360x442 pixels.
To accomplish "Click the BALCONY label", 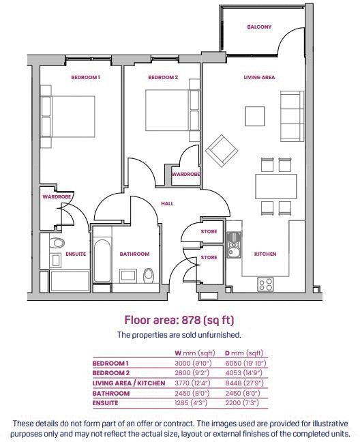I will [259, 27].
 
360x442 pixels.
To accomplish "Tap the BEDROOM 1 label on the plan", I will [86, 78].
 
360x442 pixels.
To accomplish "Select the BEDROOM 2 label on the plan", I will [163, 78].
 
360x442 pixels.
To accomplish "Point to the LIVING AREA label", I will [259, 78].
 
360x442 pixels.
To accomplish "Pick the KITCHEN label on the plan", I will [265, 254].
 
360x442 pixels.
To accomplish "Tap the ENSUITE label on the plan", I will [76, 254].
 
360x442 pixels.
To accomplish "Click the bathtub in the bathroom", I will [102, 263].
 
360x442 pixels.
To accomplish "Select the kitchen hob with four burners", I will [265, 283].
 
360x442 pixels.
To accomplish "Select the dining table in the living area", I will [275, 184].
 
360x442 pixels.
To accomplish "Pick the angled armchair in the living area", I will [222, 149].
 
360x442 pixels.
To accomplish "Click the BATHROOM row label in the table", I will [112, 394].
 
